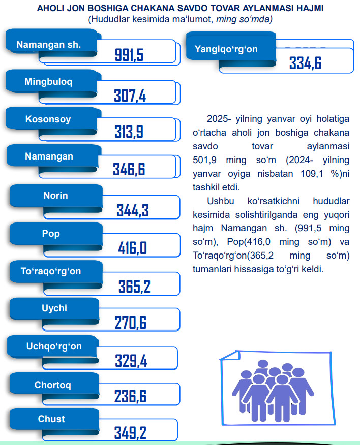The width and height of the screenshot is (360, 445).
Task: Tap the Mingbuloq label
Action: tap(49, 81)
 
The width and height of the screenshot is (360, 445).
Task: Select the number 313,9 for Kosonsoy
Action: tap(129, 132)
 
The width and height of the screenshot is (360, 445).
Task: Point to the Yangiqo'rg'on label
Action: tap(226, 49)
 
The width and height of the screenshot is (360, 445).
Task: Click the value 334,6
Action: tap(305, 63)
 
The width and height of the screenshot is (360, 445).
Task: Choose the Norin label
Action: tap(55, 196)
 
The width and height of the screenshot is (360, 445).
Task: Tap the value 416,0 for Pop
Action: tap(132, 248)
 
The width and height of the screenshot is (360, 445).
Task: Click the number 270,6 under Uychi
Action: tap(130, 323)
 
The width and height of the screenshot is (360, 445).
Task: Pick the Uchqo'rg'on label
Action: tap(54, 347)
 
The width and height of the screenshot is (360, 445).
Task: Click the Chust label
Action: tap(51, 419)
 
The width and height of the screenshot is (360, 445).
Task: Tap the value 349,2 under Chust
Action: tap(130, 433)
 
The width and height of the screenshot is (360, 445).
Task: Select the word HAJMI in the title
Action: tap(308, 9)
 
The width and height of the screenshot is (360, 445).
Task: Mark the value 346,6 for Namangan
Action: tap(129, 170)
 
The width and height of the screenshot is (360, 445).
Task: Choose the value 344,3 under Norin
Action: tap(132, 210)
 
